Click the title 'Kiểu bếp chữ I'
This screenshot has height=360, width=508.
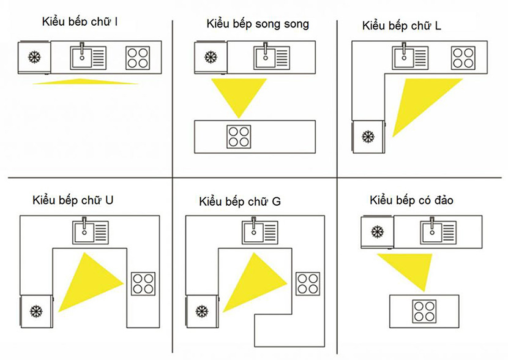pyautogui.click(x=80, y=21)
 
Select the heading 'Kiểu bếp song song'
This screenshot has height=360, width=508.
pyautogui.click(x=258, y=24)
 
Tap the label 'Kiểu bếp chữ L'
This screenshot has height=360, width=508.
pyautogui.click(x=402, y=26)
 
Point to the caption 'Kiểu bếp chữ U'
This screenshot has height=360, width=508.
pyautogui.click(x=73, y=200)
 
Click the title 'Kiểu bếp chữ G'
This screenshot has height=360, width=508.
pyautogui.click(x=240, y=201)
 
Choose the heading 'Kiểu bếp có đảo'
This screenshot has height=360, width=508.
pyautogui.click(x=411, y=200)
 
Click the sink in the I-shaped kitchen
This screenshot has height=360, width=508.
pyautogui.click(x=88, y=58)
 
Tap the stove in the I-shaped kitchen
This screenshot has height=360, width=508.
pyautogui.click(x=138, y=58)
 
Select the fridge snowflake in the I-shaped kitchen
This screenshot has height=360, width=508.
pyautogui.click(x=34, y=58)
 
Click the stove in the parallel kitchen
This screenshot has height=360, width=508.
pyautogui.click(x=239, y=137)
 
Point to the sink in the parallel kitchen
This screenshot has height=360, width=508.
pyautogui.click(x=272, y=58)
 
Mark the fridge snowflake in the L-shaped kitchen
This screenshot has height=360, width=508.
pyautogui.click(x=368, y=137)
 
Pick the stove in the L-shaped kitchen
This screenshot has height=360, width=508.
pyautogui.click(x=463, y=58)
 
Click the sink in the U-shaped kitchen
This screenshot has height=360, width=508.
pyautogui.click(x=91, y=231)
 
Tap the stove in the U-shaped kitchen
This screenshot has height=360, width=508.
pyautogui.click(x=143, y=284)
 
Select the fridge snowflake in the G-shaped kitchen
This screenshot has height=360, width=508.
pyautogui.click(x=202, y=311)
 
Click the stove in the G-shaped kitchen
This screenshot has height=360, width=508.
pyautogui.click(x=308, y=284)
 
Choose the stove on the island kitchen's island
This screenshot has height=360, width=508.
pyautogui.click(x=424, y=312)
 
